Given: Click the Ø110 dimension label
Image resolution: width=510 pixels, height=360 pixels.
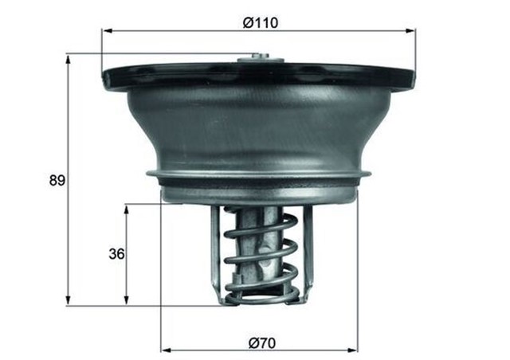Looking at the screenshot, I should click(261, 23).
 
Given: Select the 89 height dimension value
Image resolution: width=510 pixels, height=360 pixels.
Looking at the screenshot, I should click(57, 180).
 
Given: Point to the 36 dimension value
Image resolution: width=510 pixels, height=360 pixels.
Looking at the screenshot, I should click(116, 254).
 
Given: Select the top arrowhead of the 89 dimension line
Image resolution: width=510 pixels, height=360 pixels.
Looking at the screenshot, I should click(69, 58).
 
